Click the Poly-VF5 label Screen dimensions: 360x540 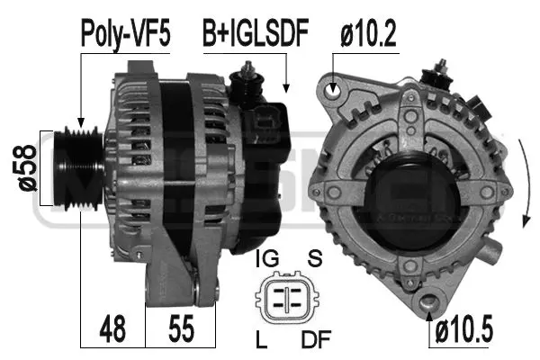[125, 33]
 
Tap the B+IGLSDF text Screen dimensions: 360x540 [255, 33]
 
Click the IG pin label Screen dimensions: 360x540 [267, 259]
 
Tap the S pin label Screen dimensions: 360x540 [315, 259]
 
